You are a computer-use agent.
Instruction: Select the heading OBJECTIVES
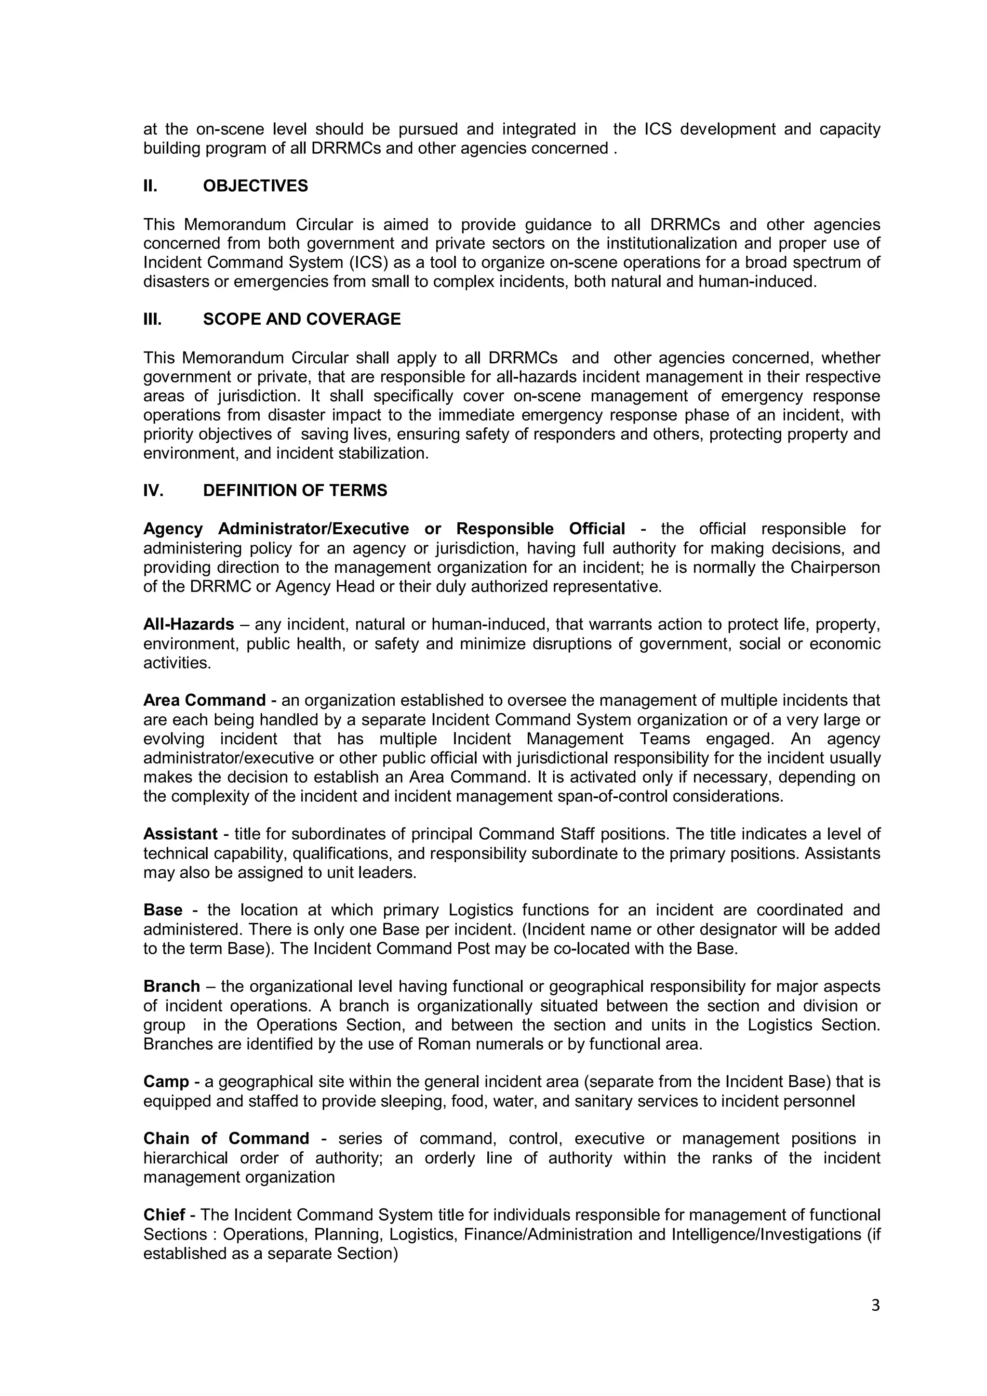click(x=255, y=186)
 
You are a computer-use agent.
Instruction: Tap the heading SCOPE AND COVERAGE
click(x=302, y=319)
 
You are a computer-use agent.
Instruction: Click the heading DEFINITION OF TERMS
click(x=295, y=491)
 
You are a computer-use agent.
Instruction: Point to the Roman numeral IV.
click(x=153, y=491)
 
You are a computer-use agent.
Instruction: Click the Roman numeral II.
click(x=150, y=186)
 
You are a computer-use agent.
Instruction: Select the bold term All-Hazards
click(x=188, y=624)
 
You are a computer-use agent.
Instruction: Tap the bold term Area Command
click(x=204, y=700)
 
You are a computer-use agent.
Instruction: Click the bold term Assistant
click(x=180, y=834)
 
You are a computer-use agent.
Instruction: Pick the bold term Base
click(x=163, y=910)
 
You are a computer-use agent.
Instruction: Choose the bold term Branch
click(x=172, y=986)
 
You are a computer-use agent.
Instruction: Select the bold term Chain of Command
click(x=226, y=1139)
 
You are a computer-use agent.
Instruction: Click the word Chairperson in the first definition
click(x=835, y=567)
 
